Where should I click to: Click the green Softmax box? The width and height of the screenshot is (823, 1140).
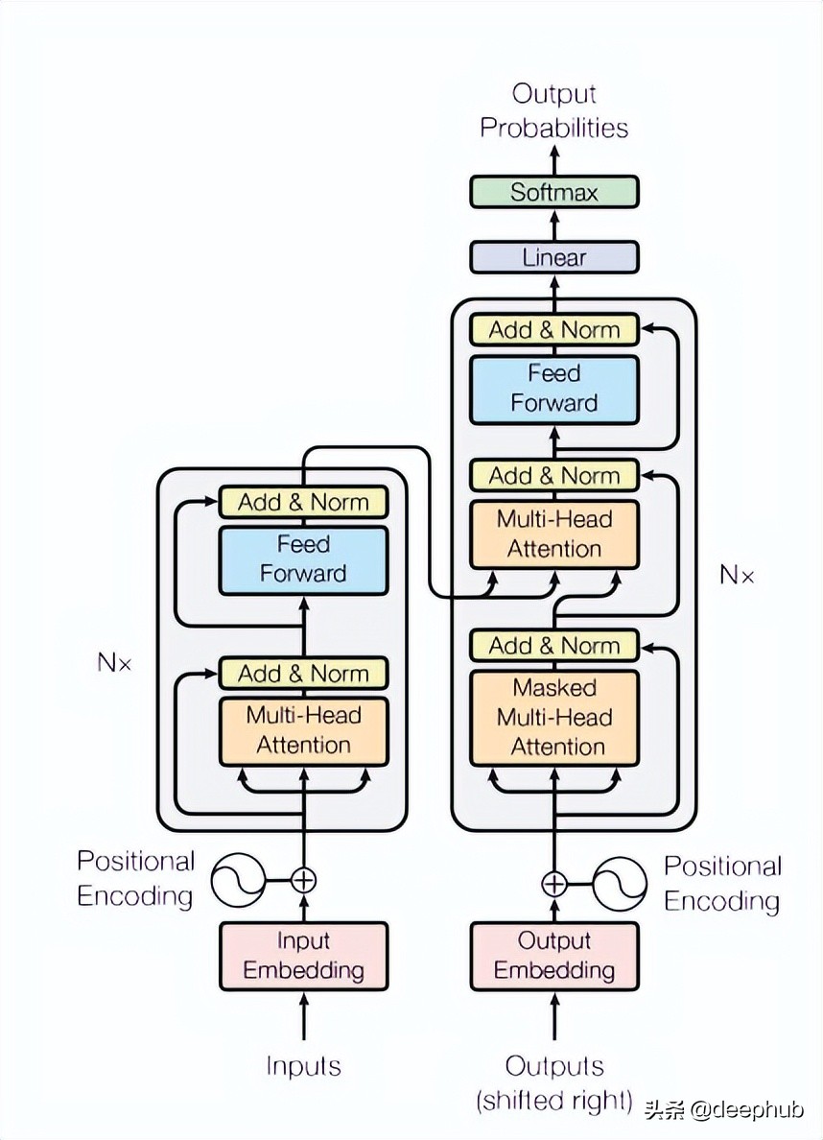pyautogui.click(x=553, y=192)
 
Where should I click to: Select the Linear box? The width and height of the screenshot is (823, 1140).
pyautogui.click(x=553, y=257)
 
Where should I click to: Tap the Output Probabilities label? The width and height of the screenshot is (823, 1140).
pyautogui.click(x=553, y=111)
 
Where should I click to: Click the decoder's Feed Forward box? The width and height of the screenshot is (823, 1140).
pyautogui.click(x=553, y=389)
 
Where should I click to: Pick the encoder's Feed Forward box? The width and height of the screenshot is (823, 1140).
pyautogui.click(x=303, y=559)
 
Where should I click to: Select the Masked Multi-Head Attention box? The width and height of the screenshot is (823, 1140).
pyautogui.click(x=553, y=717)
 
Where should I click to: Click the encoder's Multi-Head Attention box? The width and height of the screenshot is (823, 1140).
pyautogui.click(x=303, y=730)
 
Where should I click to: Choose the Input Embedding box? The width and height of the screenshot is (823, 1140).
pyautogui.click(x=303, y=956)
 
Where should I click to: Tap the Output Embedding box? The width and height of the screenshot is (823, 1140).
pyautogui.click(x=553, y=956)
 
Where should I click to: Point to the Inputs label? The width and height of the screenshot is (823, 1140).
pyautogui.click(x=303, y=1065)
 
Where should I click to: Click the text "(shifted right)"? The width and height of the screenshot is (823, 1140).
pyautogui.click(x=554, y=1101)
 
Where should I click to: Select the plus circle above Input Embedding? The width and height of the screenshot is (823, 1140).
pyautogui.click(x=303, y=879)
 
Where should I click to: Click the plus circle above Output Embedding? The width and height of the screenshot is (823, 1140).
pyautogui.click(x=554, y=883)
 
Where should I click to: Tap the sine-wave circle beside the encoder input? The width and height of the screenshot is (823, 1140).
pyautogui.click(x=238, y=880)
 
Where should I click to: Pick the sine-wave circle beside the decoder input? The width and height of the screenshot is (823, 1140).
pyautogui.click(x=620, y=884)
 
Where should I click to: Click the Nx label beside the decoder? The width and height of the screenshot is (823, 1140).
pyautogui.click(x=737, y=575)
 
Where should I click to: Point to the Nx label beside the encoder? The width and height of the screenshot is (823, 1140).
pyautogui.click(x=114, y=662)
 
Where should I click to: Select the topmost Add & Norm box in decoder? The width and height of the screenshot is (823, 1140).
pyautogui.click(x=553, y=330)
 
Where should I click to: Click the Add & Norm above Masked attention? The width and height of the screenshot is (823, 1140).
pyautogui.click(x=553, y=646)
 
